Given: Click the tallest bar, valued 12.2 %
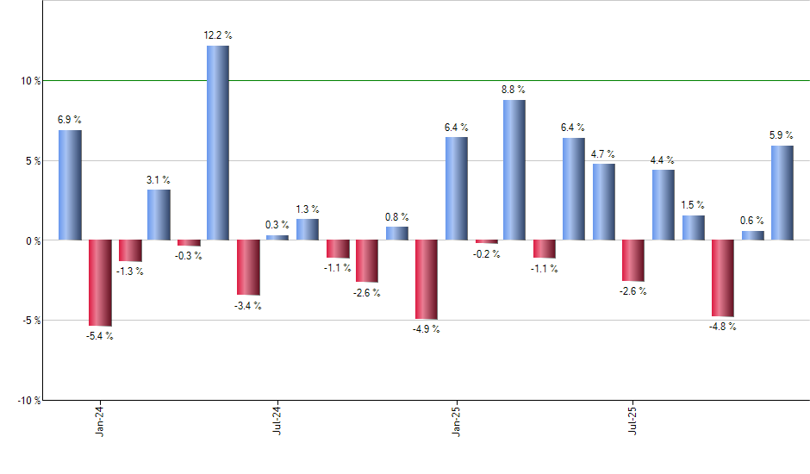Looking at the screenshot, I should [218, 142].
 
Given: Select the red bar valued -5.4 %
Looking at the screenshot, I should [100, 283].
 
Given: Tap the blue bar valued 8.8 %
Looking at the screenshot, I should [514, 170].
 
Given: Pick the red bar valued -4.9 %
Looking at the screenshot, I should [427, 279].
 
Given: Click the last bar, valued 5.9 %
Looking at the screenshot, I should [782, 192].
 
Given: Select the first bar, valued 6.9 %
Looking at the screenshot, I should [70, 184].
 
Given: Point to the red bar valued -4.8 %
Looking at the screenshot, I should [723, 278].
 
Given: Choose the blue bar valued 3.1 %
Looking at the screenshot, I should [159, 215].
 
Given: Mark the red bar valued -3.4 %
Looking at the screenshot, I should [248, 267].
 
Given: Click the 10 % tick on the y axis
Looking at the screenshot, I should [31, 81].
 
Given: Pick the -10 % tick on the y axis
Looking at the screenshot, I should [28, 401].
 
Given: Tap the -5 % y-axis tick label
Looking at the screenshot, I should [31, 321].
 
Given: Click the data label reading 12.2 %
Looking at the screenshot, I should [218, 35].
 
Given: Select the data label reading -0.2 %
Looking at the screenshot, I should [486, 254].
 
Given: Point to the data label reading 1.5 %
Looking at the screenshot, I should [694, 205].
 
